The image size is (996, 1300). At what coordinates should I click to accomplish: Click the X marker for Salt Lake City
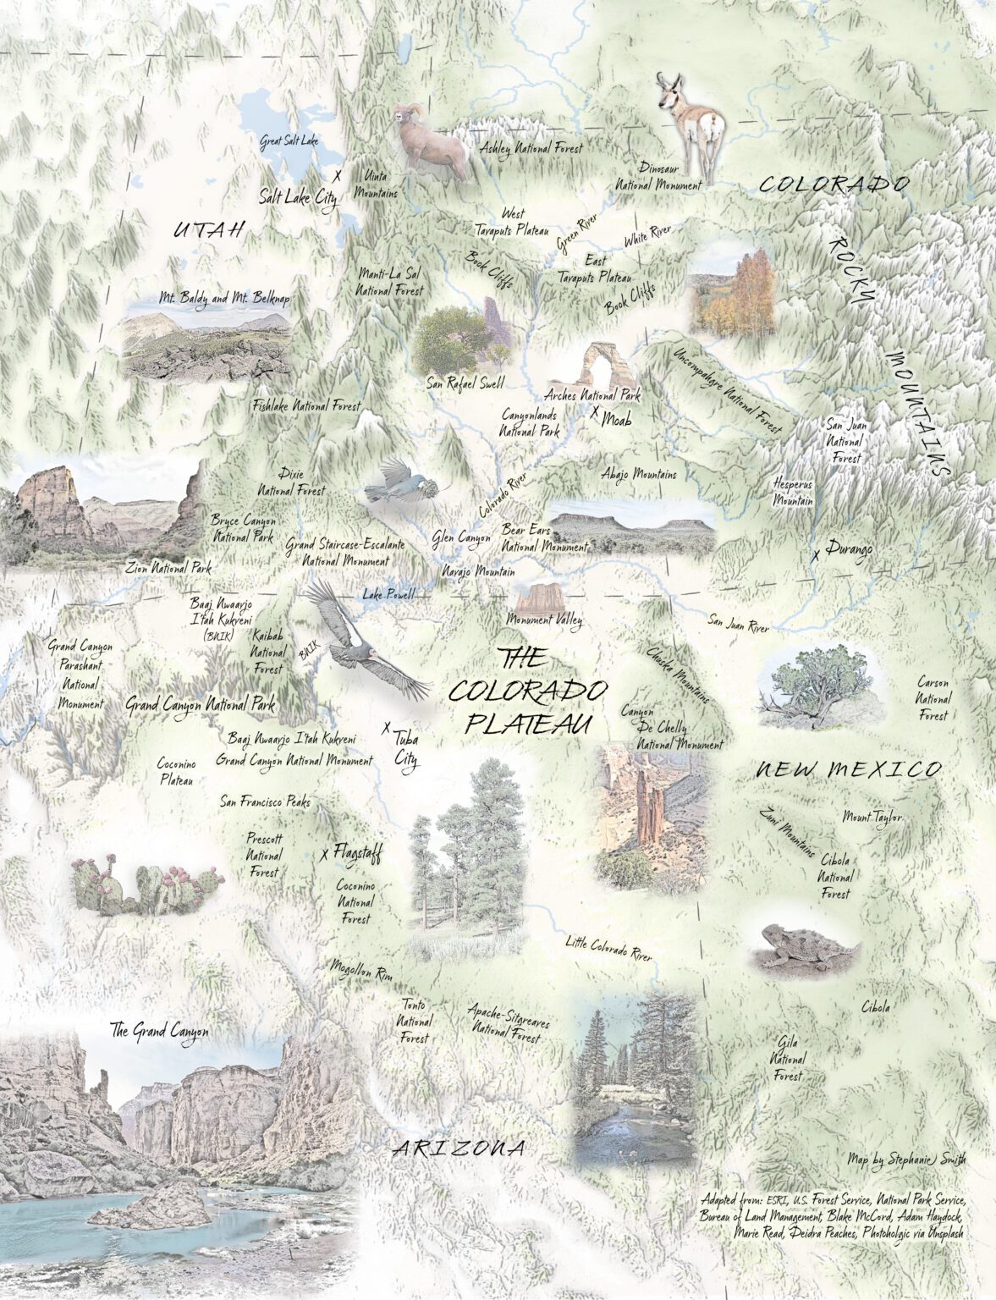coord(338,176)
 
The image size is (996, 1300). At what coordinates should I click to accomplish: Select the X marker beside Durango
coord(815,556)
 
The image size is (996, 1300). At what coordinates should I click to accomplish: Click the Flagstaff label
coord(356,853)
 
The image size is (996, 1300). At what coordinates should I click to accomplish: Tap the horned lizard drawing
coord(804,947)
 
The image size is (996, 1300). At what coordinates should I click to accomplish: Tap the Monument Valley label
coord(544,620)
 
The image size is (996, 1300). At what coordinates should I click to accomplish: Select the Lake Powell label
coord(388,595)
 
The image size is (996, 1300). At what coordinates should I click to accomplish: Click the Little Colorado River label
coord(608,949)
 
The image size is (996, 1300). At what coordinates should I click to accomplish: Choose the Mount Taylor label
coord(872,818)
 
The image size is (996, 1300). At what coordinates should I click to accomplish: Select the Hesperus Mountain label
coord(793,492)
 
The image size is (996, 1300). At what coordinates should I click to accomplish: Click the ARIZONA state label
coord(459,1149)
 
